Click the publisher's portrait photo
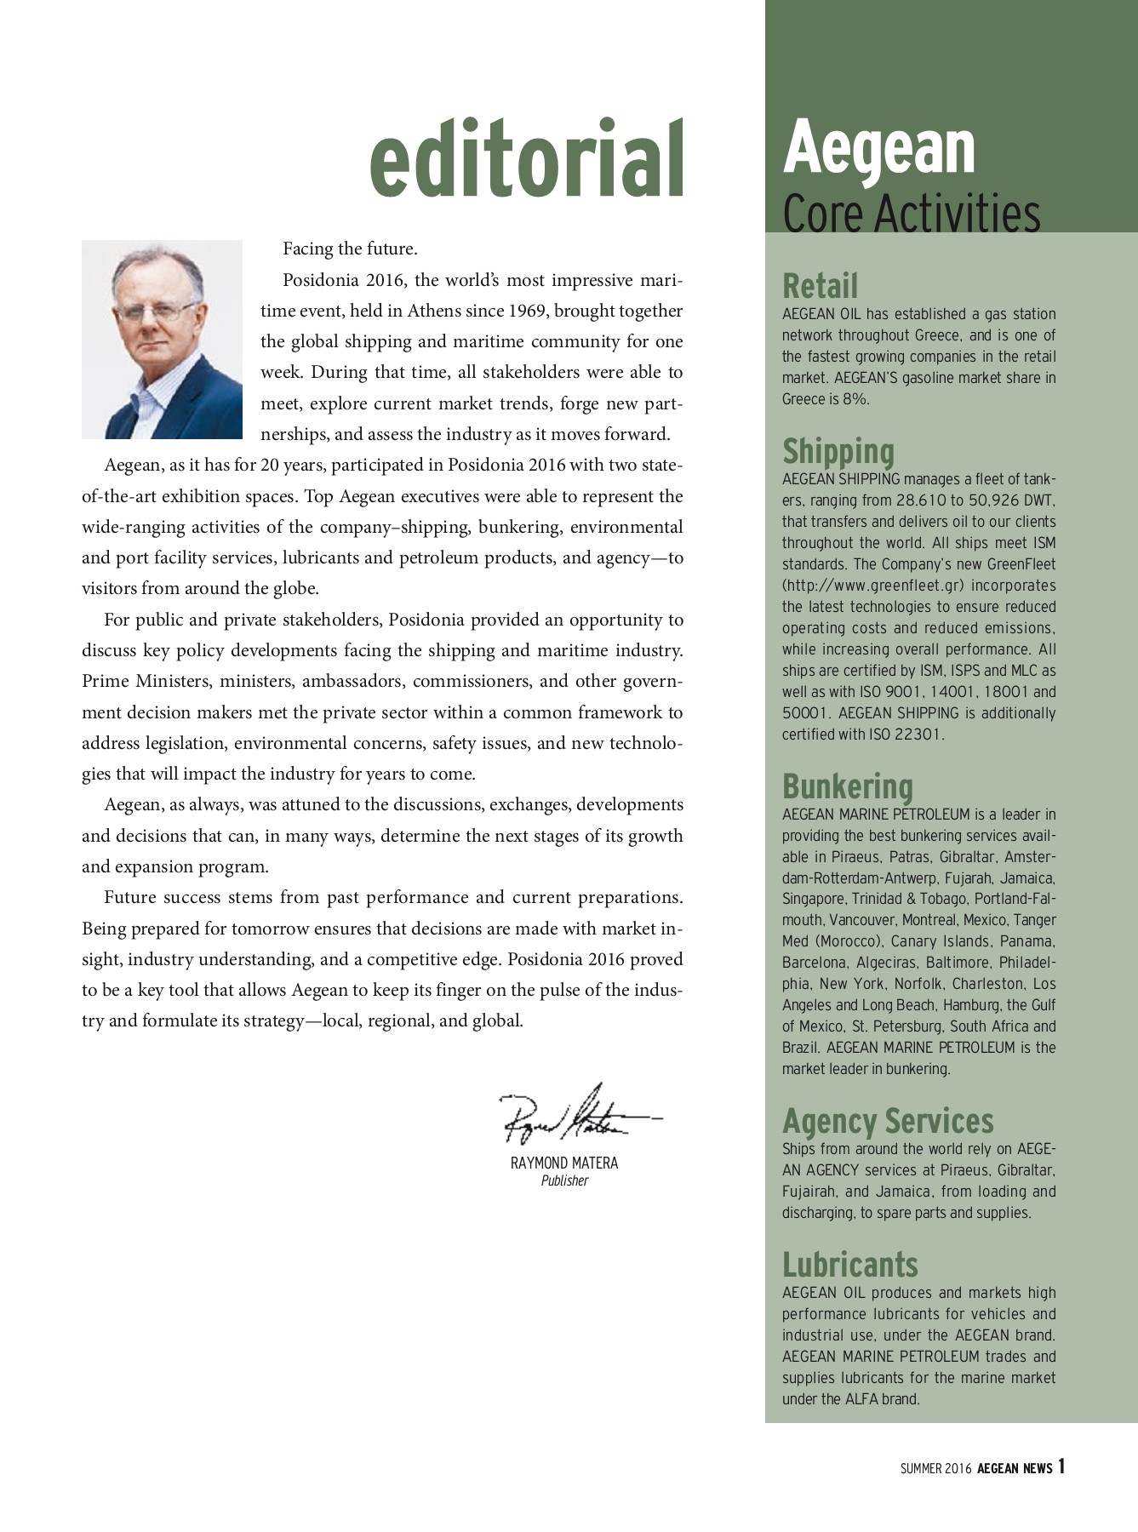point(162,340)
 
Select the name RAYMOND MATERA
point(564,1163)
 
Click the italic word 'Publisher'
point(564,1180)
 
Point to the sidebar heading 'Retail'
point(820,286)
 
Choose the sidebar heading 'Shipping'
point(838,451)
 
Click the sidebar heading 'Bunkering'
point(847,786)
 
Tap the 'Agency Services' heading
point(887,1121)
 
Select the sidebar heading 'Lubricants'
point(849,1265)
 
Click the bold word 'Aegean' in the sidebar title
point(878,146)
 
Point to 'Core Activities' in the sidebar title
point(911,214)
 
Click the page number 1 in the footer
point(1061,1466)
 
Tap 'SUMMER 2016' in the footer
point(935,1468)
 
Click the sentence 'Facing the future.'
point(350,249)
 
